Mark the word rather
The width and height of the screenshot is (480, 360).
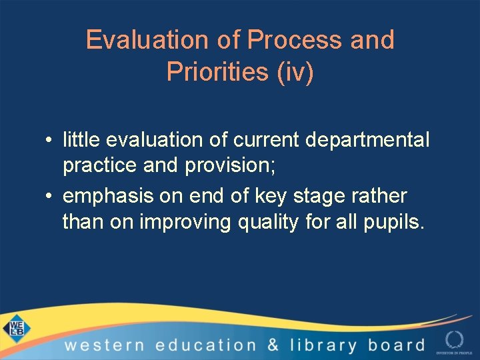coord(383,197)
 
